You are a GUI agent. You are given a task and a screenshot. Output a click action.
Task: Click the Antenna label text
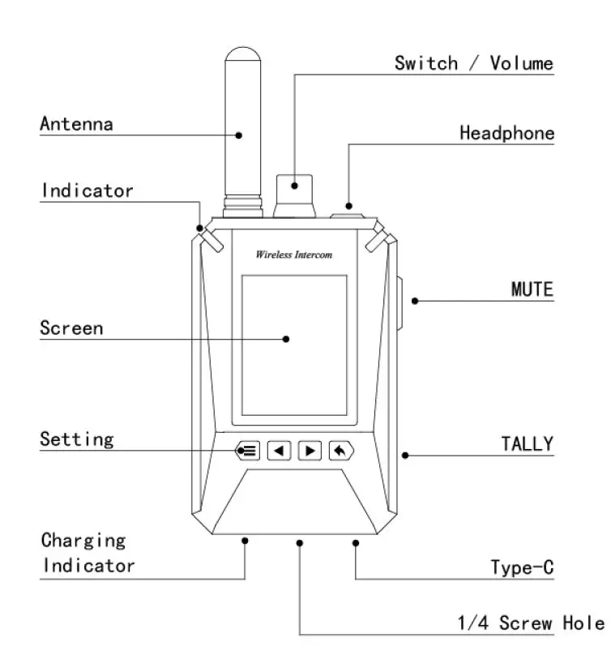76,124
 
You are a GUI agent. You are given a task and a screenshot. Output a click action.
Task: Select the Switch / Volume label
473,63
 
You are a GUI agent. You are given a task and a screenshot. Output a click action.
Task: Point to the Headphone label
506,133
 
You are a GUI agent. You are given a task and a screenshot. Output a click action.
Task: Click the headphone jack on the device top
349,213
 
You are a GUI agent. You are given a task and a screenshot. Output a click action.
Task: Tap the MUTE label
532,289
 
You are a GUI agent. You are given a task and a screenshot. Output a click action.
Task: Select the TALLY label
527,443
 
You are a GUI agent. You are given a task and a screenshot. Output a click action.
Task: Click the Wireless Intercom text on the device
293,255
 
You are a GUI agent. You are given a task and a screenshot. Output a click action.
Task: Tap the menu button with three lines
248,450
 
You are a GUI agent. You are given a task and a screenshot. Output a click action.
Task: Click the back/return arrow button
340,450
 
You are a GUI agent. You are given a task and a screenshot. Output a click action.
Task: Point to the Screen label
71,328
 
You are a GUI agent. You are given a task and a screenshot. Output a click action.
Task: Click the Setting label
76,439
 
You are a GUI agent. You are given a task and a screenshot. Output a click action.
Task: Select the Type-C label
522,567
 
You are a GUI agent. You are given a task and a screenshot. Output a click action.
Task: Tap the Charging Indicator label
88,552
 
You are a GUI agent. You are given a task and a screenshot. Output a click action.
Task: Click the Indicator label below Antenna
87,191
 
